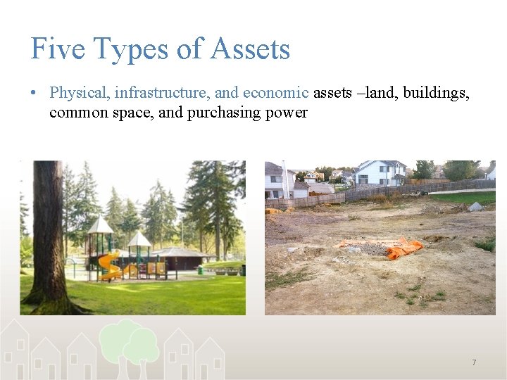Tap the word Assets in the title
[x=251, y=49]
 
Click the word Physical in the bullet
[x=79, y=93]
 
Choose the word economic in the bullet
[x=275, y=93]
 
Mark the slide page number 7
[x=474, y=362]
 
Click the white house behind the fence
[x=379, y=172]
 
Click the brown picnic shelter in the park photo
[x=182, y=259]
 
